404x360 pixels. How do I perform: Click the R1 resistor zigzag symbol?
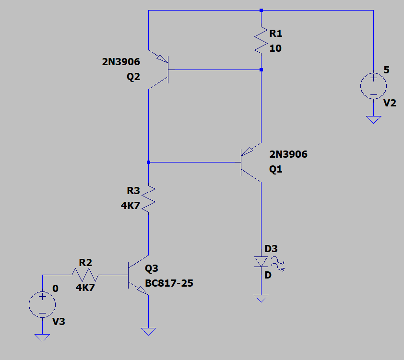(x=261, y=40)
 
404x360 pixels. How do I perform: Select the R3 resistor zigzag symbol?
(x=148, y=198)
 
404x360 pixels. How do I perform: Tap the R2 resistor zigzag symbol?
(x=85, y=275)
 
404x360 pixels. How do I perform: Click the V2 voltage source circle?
(x=373, y=86)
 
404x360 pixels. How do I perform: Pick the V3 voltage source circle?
(x=42, y=304)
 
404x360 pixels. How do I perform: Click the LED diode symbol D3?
(x=261, y=261)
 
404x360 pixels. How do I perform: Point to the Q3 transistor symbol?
(x=138, y=275)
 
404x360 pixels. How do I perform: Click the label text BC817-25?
(x=169, y=283)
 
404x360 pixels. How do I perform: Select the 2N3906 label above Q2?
(x=121, y=62)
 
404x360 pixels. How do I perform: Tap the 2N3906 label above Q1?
(x=288, y=154)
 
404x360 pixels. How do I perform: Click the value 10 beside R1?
(x=275, y=48)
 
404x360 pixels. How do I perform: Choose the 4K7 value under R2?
(x=85, y=288)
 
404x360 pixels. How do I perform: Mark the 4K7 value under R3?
(x=131, y=206)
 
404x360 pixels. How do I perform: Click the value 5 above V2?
(x=386, y=70)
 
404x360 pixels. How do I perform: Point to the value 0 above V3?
(x=55, y=289)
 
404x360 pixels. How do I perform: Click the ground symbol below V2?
(x=374, y=120)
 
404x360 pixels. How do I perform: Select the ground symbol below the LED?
(x=261, y=299)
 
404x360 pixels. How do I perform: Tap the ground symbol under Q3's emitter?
(x=148, y=331)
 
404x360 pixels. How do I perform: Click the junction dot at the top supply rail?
(x=261, y=10)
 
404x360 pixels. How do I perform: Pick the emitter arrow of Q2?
(x=162, y=59)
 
